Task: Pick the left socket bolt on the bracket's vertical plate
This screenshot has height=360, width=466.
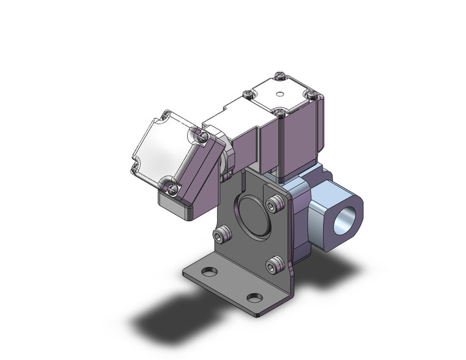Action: click(222, 235)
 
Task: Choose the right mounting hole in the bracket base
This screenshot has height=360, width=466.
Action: click(254, 297)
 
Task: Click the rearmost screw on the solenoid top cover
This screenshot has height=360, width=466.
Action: click(280, 77)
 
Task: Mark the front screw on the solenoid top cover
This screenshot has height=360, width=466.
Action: click(280, 112)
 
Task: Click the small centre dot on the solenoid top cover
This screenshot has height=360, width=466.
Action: click(280, 94)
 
